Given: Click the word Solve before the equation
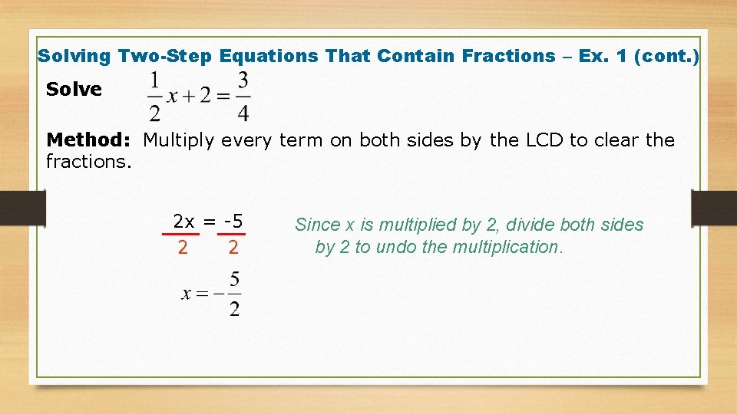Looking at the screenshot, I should (x=74, y=90).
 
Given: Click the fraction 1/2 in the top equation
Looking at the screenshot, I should (x=155, y=97).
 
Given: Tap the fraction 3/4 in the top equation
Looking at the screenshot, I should (x=243, y=97).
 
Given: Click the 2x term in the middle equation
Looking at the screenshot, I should (x=183, y=222).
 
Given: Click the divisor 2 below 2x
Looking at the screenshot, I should (x=182, y=248).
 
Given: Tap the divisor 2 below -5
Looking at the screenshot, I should (x=233, y=248).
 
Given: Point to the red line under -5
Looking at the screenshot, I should (x=232, y=235).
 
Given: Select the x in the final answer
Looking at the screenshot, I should (x=187, y=294).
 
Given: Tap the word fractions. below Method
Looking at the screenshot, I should (x=89, y=162).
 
